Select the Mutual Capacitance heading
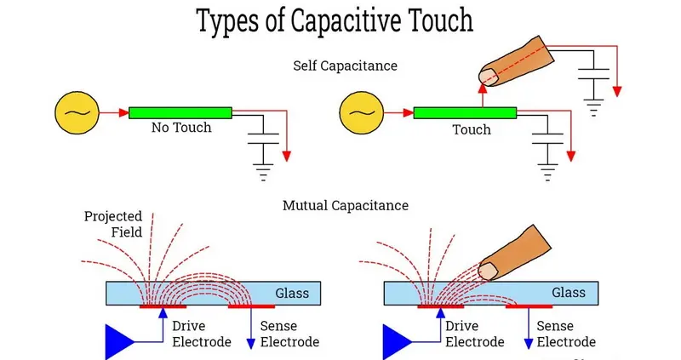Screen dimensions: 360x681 pyautogui.click(x=346, y=205)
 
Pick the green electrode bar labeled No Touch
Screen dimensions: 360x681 pyautogui.click(x=180, y=112)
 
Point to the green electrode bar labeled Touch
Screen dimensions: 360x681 pyautogui.click(x=465, y=112)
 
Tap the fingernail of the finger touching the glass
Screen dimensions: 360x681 pyautogui.click(x=488, y=271)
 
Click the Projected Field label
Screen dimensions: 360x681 pyautogui.click(x=112, y=224)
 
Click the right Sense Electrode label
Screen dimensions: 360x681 pyautogui.click(x=567, y=334)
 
